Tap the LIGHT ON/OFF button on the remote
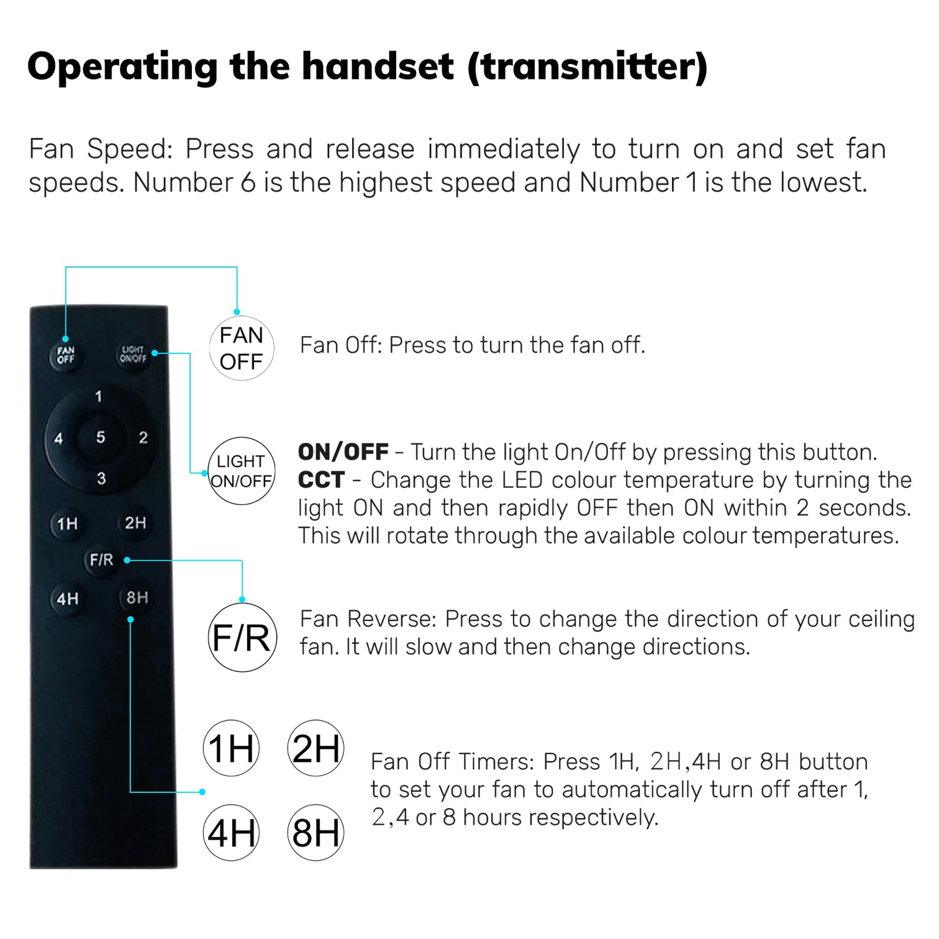coord(133,355)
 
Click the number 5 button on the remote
coord(101,437)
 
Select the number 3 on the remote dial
coord(101,479)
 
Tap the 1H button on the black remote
coord(67,524)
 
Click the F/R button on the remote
coord(101,560)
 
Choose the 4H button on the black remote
coord(67,599)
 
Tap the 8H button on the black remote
coord(137,598)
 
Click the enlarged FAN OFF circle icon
coord(242,348)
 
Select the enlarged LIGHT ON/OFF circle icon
coord(241,471)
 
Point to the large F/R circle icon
coord(242,637)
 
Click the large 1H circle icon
coord(231,748)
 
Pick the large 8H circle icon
coord(315,833)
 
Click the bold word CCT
coord(321,480)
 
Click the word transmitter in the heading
coord(587,66)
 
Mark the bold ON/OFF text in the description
coord(343,452)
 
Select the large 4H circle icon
coord(231,833)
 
